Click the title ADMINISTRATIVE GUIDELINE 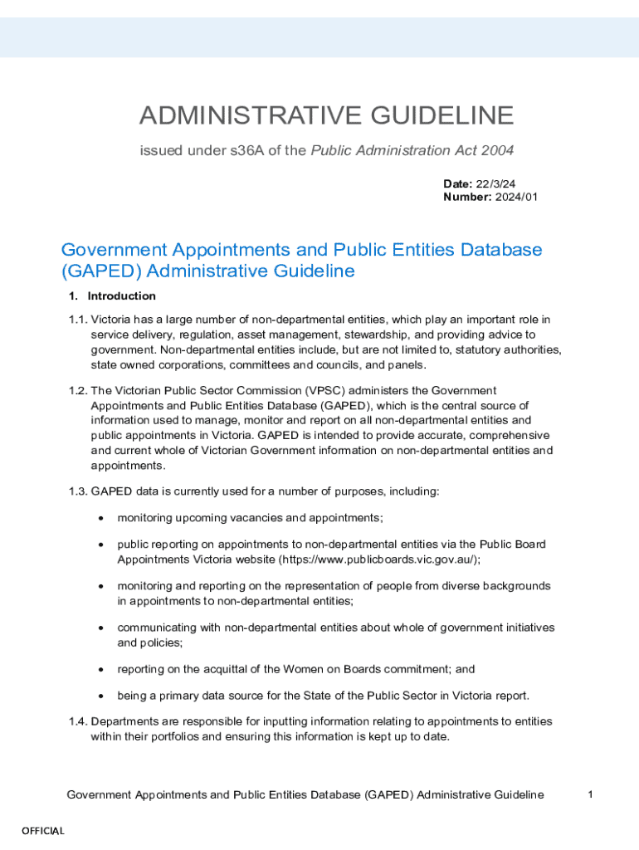327,115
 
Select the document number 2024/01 515,197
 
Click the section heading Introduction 121,296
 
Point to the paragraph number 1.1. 78,320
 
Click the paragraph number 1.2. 78,391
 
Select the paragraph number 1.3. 78,492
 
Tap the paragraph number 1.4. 78,721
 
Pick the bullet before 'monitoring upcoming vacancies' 100,519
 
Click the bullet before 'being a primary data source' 100,696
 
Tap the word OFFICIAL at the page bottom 43,831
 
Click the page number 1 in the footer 590,795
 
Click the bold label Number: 467,197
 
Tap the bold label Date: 457,183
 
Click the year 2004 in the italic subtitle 498,150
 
